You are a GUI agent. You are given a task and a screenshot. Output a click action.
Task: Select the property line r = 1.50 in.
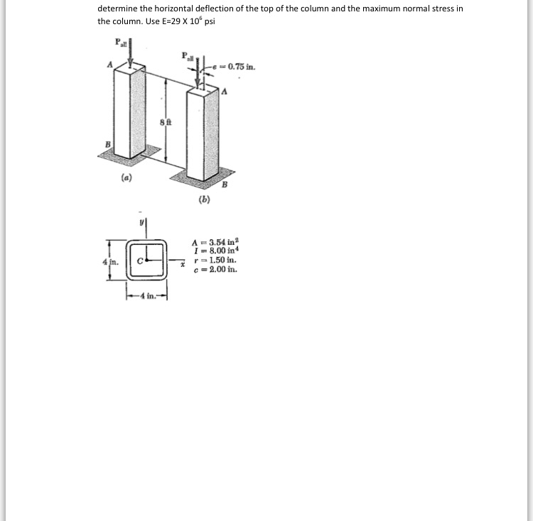pos(217,261)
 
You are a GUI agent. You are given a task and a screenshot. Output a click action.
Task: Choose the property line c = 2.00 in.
pos(217,270)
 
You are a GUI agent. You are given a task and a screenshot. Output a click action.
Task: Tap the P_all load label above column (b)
pos(188,55)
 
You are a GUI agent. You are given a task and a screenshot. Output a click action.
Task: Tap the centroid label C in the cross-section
pos(141,260)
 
